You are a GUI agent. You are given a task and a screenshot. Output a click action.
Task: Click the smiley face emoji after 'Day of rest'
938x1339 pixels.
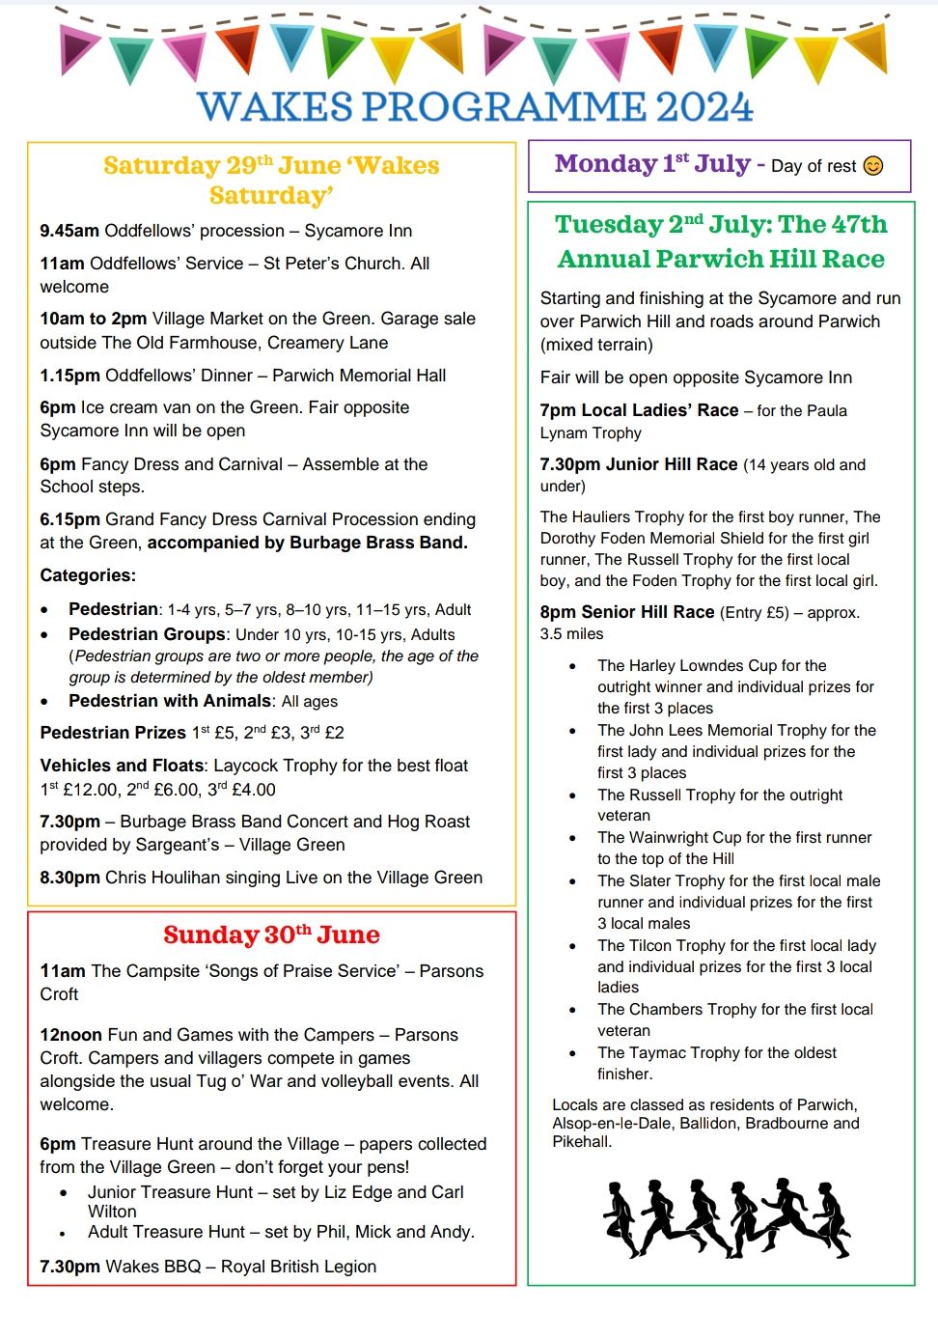click(x=873, y=166)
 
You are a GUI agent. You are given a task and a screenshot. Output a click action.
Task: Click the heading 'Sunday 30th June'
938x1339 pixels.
click(x=271, y=935)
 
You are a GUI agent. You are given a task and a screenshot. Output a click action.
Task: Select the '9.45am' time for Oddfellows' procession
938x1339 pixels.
click(x=69, y=231)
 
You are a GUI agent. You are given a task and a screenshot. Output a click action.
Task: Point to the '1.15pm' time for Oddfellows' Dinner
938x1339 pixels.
click(x=69, y=376)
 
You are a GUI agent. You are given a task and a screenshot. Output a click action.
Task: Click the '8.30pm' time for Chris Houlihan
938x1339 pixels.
click(x=69, y=878)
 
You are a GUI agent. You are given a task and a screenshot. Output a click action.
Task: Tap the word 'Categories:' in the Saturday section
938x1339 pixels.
click(x=88, y=575)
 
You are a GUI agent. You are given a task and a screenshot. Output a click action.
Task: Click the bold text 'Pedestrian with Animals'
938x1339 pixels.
click(x=170, y=701)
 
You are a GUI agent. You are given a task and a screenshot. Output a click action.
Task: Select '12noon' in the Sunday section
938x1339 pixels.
click(x=70, y=1035)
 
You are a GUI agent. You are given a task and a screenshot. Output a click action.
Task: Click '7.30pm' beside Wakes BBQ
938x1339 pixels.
click(x=69, y=1267)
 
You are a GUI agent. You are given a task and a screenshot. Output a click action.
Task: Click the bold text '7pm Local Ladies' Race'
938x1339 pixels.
click(x=639, y=410)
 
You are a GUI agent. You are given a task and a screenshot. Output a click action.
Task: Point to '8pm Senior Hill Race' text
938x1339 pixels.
click(x=627, y=612)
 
